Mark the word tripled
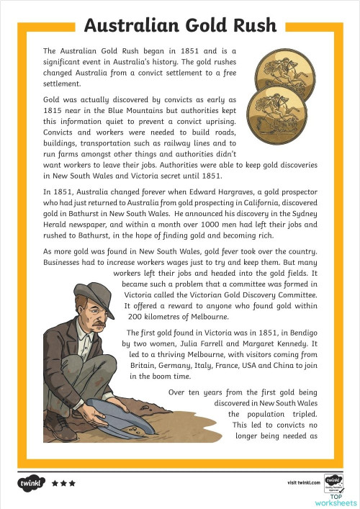pyautogui.click(x=301, y=415)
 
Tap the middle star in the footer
pyautogui.click(x=63, y=483)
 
